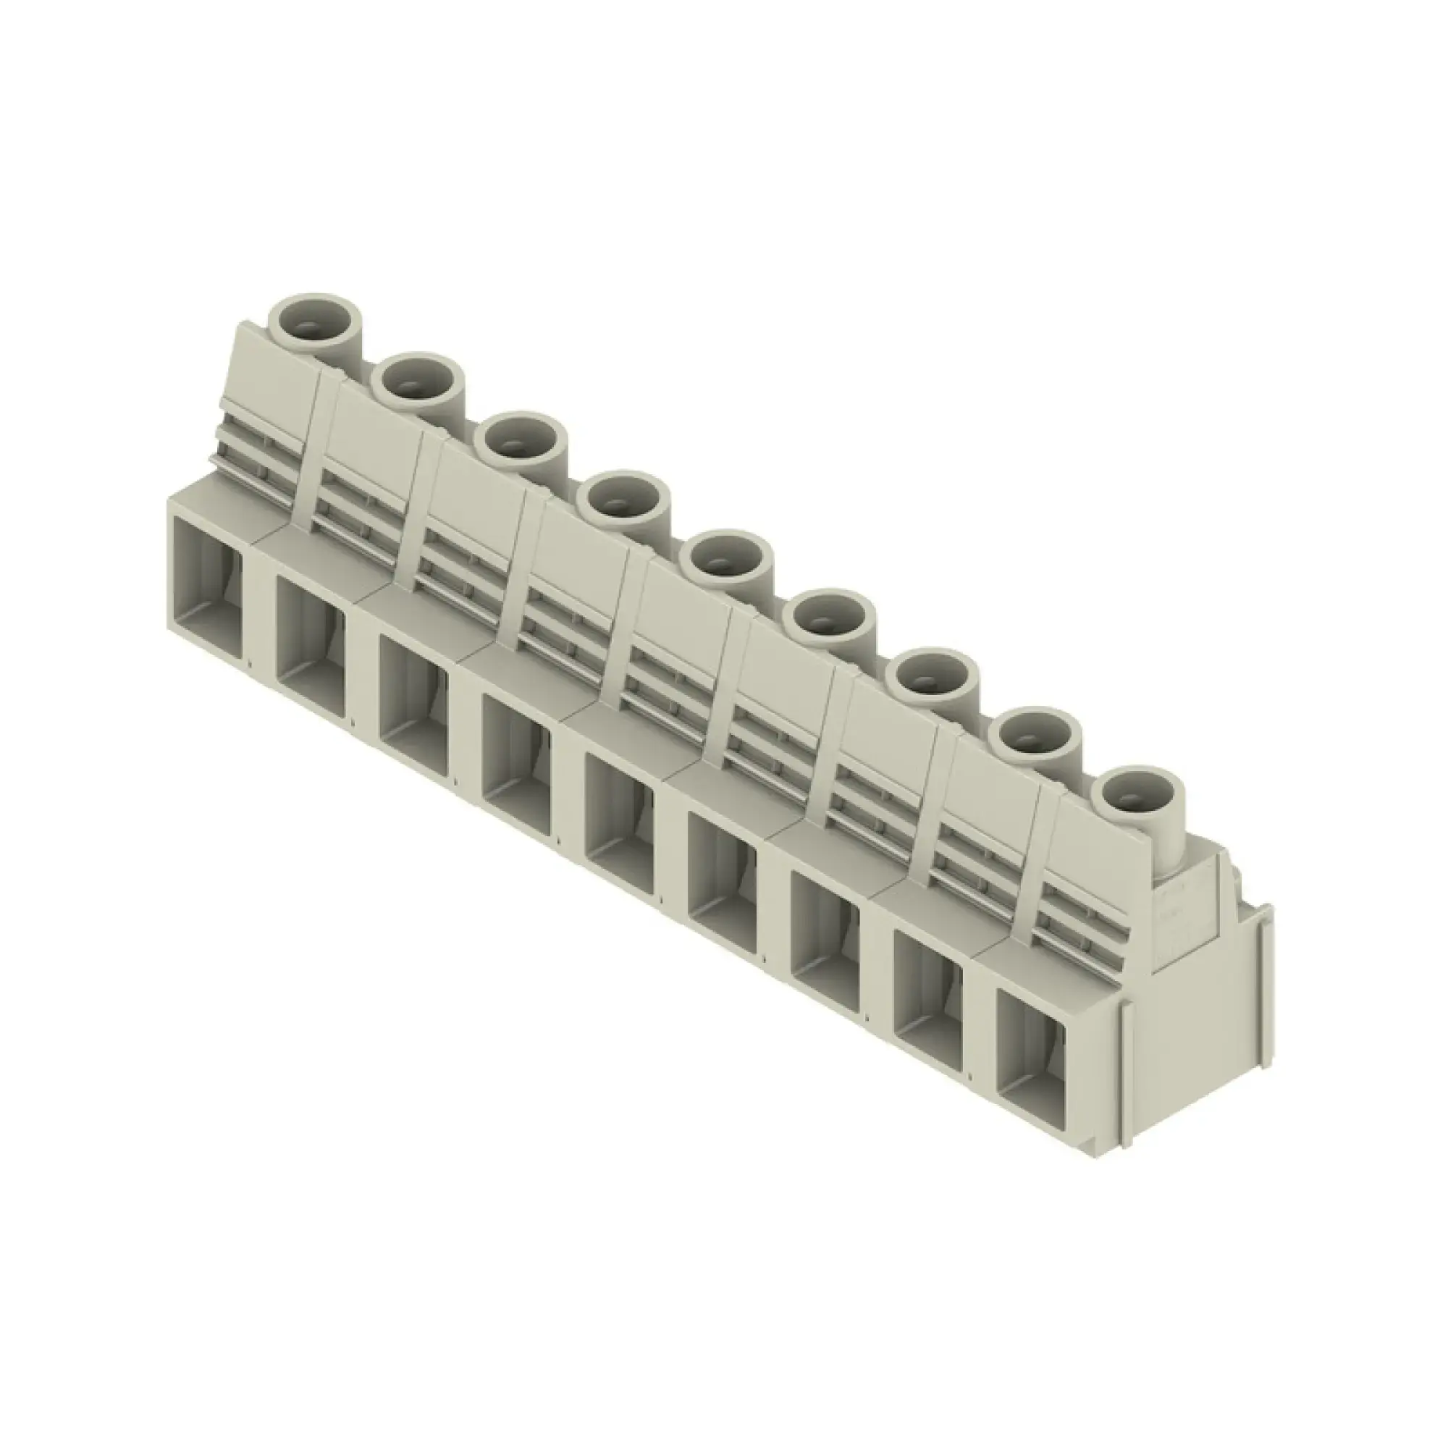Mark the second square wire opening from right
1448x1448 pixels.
pyautogui.click(x=927, y=1008)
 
